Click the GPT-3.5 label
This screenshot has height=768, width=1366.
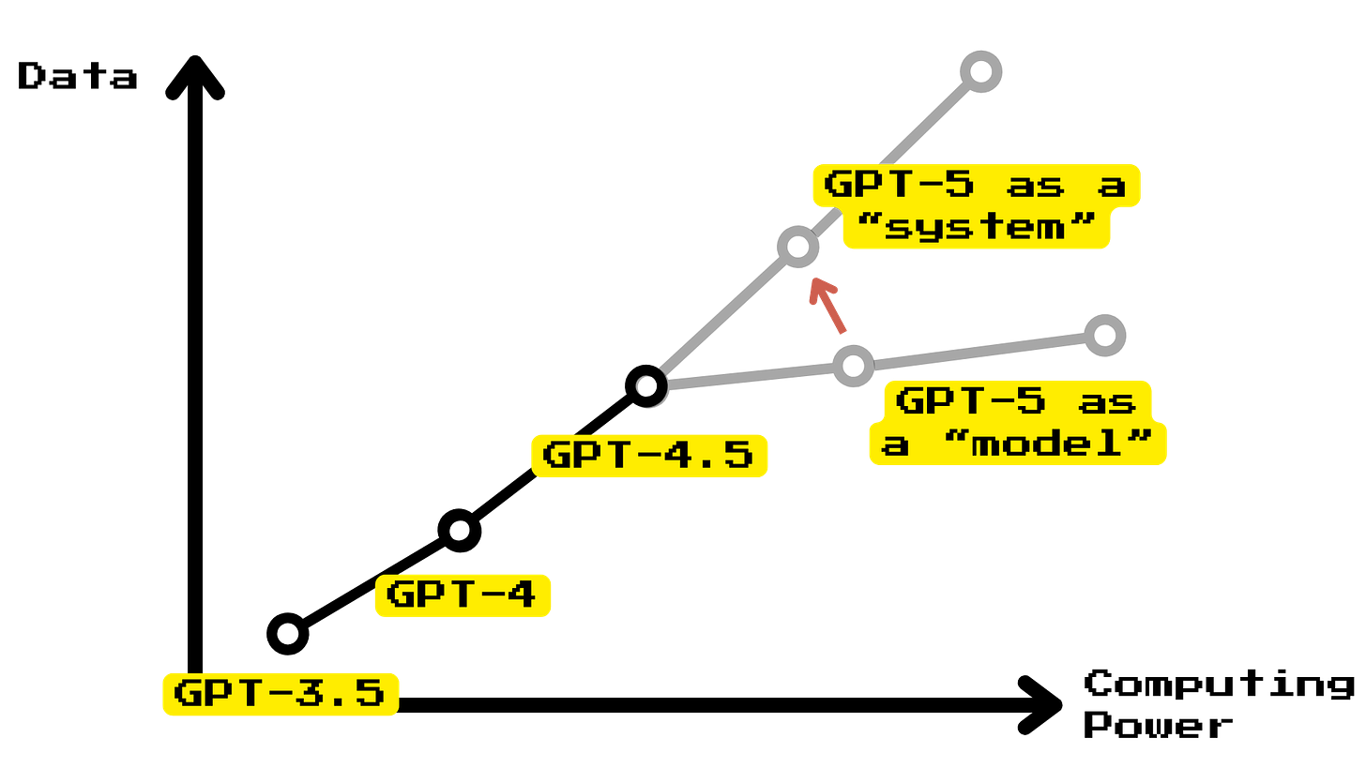(280, 694)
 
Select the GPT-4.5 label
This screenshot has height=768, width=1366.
(648, 456)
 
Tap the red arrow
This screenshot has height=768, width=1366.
(827, 304)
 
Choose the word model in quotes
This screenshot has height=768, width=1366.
(1046, 443)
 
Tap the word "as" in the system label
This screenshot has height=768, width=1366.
(1037, 186)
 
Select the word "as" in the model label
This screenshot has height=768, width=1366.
(1108, 403)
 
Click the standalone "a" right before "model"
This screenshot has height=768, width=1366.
(896, 444)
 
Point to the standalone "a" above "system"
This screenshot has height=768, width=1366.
(1112, 186)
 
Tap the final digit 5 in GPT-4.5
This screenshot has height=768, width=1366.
(738, 456)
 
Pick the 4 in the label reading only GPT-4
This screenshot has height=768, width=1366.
(522, 595)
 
